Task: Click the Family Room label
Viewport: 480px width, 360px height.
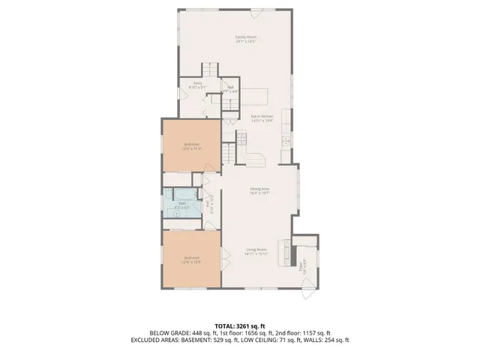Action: (x=241, y=37)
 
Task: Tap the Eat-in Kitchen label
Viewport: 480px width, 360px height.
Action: (x=260, y=116)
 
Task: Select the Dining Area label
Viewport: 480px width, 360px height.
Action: (x=259, y=189)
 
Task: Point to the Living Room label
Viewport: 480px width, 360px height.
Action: (x=256, y=250)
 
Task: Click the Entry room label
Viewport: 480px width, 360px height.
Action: (x=198, y=83)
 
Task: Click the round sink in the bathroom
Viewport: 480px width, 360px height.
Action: (x=175, y=213)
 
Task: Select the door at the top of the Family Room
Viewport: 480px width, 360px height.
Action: (x=241, y=10)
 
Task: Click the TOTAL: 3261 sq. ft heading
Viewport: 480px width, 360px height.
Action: (x=239, y=325)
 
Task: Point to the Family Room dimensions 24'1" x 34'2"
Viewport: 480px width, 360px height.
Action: (x=241, y=42)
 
